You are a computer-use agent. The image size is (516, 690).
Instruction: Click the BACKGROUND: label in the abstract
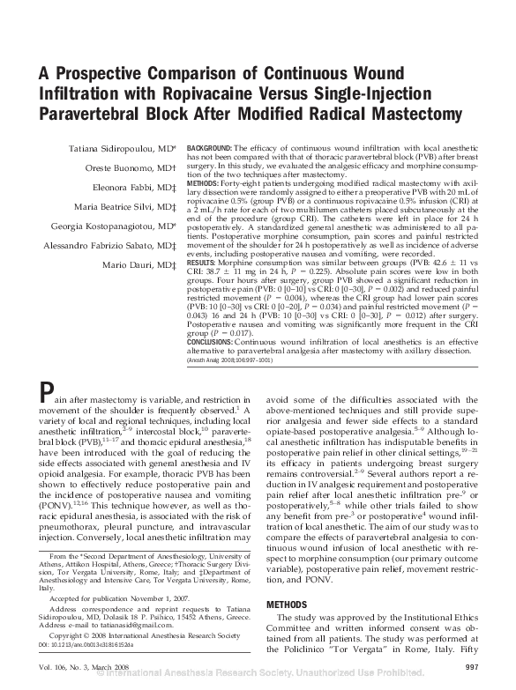(x=210, y=145)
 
